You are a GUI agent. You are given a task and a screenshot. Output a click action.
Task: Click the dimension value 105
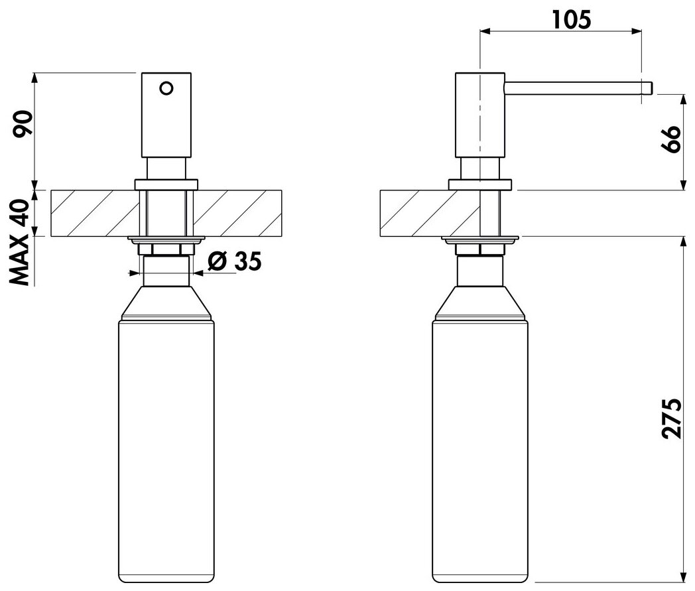572,19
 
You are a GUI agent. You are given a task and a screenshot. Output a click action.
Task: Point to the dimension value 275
672,419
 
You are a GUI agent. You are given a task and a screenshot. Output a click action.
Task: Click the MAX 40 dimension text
19,242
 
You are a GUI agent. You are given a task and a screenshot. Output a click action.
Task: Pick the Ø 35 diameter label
235,261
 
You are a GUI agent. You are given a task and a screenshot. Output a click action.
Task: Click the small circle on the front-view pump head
166,88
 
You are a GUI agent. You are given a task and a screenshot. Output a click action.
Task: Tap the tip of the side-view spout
652,88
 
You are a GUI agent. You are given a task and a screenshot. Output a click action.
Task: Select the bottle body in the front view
166,451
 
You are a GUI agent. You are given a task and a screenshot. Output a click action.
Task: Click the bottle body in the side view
480,451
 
